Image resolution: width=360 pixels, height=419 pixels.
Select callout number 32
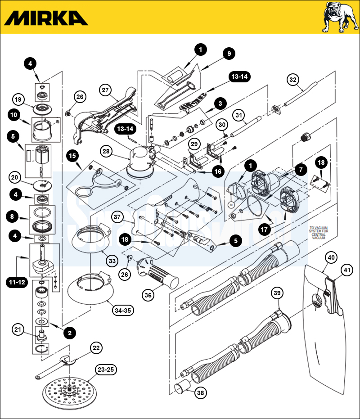(293, 80)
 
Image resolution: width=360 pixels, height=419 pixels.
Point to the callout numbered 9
(229, 54)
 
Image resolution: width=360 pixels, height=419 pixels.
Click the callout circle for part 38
(201, 393)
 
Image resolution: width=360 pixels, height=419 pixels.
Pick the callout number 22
(96, 348)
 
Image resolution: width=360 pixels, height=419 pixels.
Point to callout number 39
(277, 293)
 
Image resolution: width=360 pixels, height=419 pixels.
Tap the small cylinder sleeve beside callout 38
(182, 387)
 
